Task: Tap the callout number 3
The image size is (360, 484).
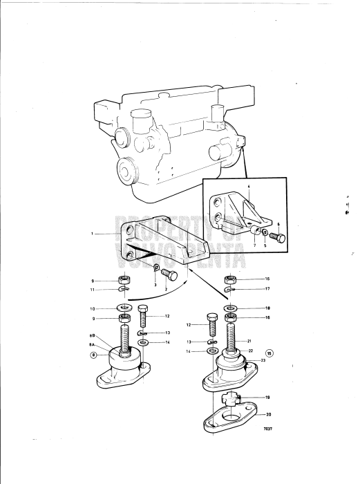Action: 155,285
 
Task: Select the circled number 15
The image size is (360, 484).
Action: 270,352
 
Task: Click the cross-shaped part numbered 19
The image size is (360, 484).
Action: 232,399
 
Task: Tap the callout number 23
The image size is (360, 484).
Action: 263,360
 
